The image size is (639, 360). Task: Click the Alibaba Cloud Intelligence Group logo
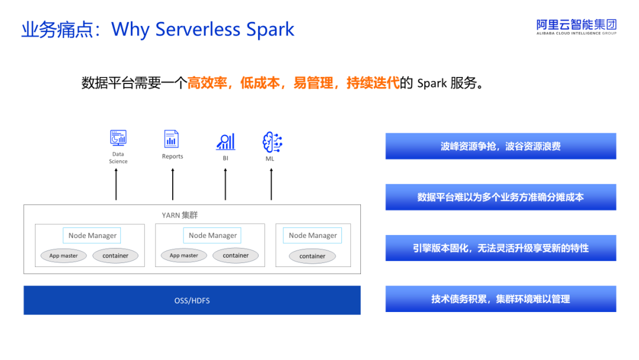click(x=576, y=27)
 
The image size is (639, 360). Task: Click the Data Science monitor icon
click(x=118, y=138)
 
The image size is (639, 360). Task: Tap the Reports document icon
click(x=172, y=139)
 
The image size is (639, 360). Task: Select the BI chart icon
click(x=225, y=142)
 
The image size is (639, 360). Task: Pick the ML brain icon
click(x=272, y=142)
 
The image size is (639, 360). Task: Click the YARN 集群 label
click(x=180, y=215)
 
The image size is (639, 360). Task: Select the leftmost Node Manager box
click(x=92, y=235)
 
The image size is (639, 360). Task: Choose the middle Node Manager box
click(x=212, y=235)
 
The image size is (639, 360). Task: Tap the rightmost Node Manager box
click(x=312, y=235)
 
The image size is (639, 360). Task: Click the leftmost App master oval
click(x=63, y=256)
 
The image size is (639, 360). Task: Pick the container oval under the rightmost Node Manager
click(x=312, y=256)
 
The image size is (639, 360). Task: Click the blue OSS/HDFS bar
click(x=192, y=300)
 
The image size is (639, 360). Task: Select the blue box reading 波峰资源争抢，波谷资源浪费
click(x=501, y=146)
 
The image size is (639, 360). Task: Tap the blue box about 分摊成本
click(x=501, y=197)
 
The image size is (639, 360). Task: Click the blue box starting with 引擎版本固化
click(x=501, y=248)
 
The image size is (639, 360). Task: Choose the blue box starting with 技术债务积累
click(x=501, y=299)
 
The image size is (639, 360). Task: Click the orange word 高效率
click(x=207, y=83)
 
